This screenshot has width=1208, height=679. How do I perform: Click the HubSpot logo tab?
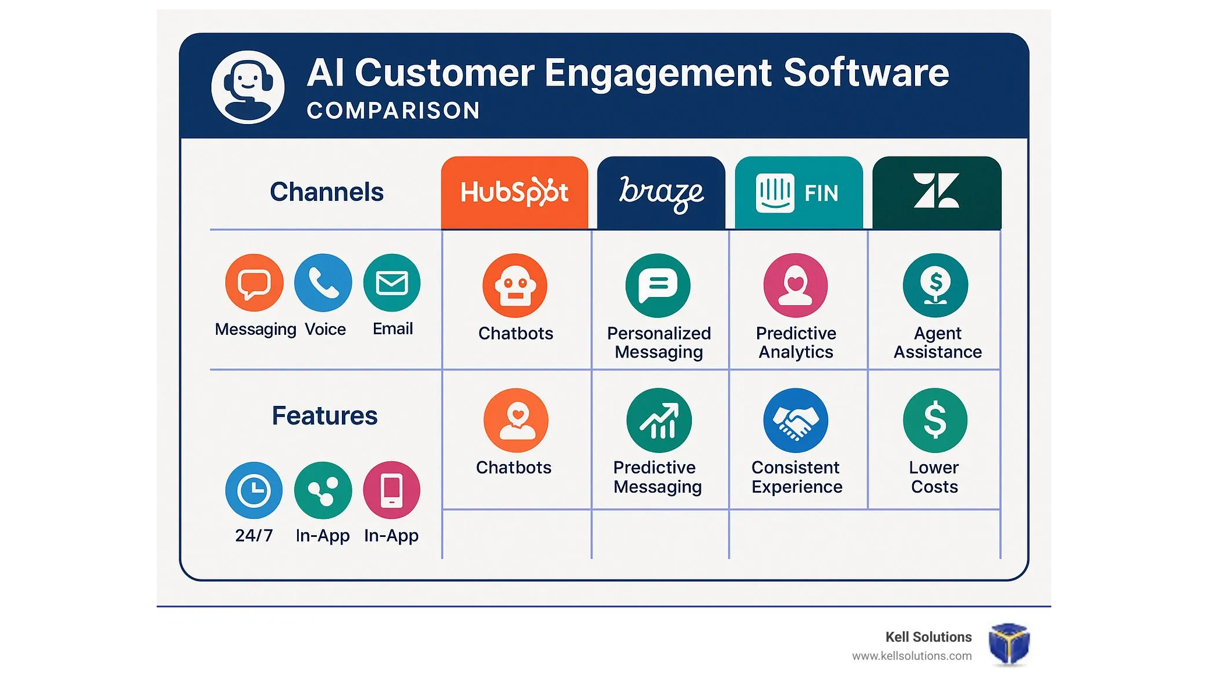tap(514, 192)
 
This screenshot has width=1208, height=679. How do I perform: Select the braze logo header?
tap(661, 192)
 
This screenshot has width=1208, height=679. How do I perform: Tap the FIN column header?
tap(799, 192)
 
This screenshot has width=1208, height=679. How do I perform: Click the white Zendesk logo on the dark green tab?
tap(936, 190)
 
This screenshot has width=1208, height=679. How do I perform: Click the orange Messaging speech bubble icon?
tap(254, 283)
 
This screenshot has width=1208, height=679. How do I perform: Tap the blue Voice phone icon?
tap(323, 283)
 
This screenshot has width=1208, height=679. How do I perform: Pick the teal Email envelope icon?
tap(392, 283)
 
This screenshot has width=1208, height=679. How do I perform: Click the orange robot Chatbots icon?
tap(515, 285)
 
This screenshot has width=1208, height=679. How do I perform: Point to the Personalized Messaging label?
tap(659, 342)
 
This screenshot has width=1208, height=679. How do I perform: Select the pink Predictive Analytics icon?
tap(796, 285)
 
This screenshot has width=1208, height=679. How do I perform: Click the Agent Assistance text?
tap(937, 342)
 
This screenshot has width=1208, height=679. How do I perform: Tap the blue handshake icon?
tap(796, 420)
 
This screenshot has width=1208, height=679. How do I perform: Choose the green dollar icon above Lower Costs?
tap(935, 420)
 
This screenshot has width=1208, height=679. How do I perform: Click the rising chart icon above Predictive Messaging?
tap(659, 420)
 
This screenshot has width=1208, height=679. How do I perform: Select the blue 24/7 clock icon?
tap(254, 490)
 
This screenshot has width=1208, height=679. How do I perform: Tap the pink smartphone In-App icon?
tap(392, 490)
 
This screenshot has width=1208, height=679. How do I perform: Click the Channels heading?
tap(327, 192)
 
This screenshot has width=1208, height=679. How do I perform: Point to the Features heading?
tap(324, 416)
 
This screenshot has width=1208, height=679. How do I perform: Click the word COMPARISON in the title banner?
tap(393, 111)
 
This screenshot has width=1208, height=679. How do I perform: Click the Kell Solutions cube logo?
tap(1009, 643)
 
